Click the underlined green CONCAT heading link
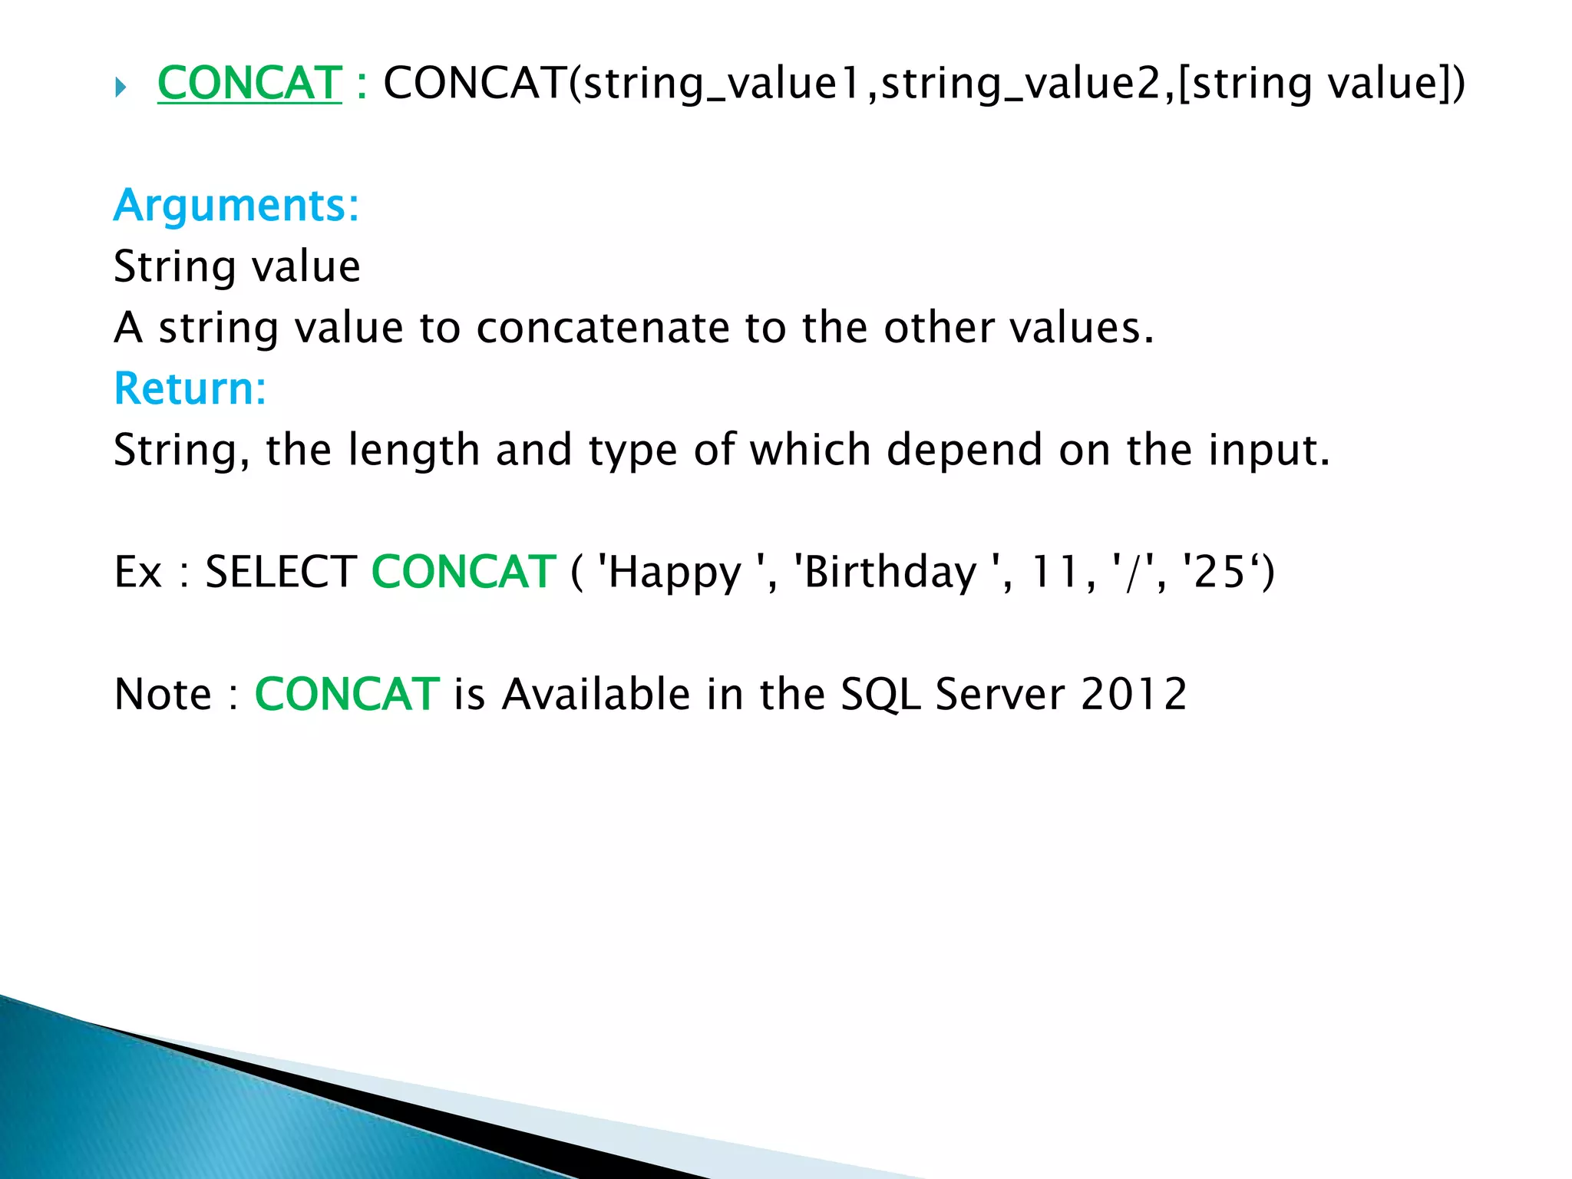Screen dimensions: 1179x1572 tap(249, 83)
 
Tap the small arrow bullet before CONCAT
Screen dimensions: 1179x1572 tap(121, 88)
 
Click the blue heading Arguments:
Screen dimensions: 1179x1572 tap(236, 206)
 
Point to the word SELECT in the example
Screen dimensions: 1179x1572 tap(281, 572)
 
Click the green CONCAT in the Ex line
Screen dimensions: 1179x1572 tap(464, 572)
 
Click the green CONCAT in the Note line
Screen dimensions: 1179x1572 tap(347, 694)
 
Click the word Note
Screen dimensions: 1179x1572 tap(163, 694)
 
